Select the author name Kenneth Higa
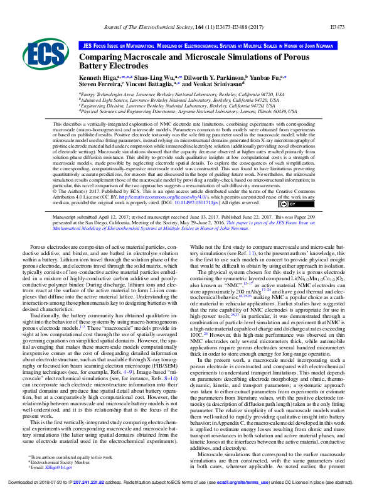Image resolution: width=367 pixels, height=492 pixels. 97,76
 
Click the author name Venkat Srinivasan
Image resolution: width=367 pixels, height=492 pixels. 211,84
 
